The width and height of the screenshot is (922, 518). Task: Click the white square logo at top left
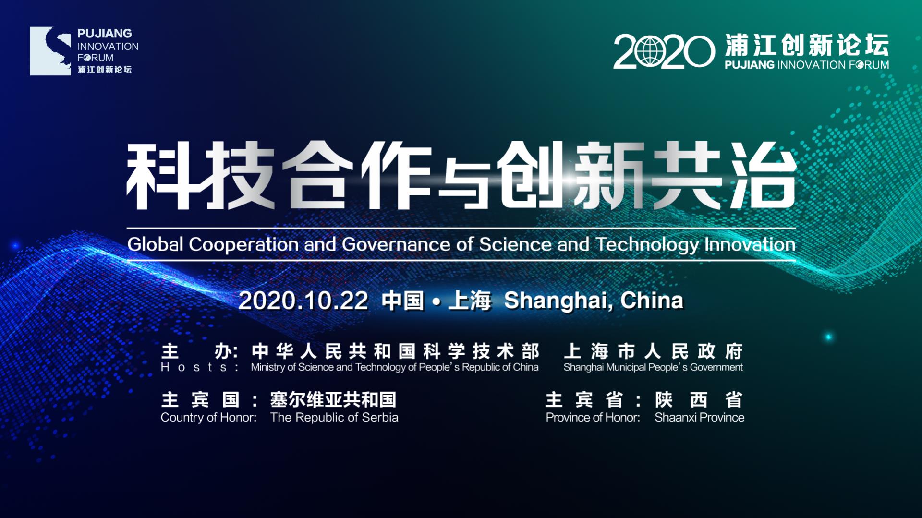(50, 51)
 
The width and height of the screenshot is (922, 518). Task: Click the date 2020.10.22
(303, 301)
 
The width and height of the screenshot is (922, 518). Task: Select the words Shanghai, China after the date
(594, 301)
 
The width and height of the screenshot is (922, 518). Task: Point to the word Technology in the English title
(647, 245)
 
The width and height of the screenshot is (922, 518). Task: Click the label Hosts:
(200, 367)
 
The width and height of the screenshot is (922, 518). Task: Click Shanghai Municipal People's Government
(653, 367)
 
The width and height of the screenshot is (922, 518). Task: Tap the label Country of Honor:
(209, 417)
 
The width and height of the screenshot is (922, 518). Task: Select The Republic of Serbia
(334, 417)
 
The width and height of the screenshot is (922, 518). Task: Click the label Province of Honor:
(593, 417)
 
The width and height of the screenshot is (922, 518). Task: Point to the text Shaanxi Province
(700, 417)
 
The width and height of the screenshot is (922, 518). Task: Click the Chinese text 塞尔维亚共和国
(333, 399)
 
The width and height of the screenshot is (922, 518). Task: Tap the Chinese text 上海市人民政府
(654, 351)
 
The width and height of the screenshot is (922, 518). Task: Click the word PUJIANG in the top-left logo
(105, 34)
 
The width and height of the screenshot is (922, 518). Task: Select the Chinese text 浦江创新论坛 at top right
(807, 45)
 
